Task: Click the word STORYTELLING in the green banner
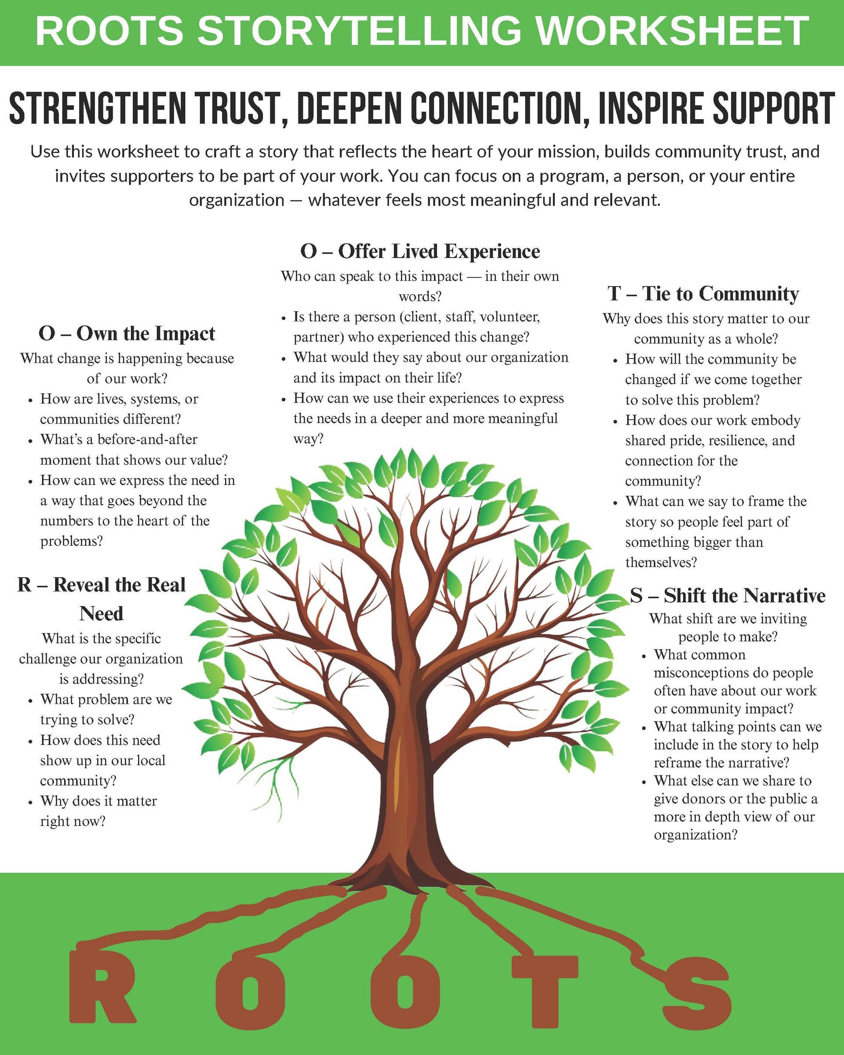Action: tap(360, 30)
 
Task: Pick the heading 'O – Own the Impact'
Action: tap(127, 334)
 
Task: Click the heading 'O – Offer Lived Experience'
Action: tap(420, 251)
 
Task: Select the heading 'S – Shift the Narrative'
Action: tap(728, 596)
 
